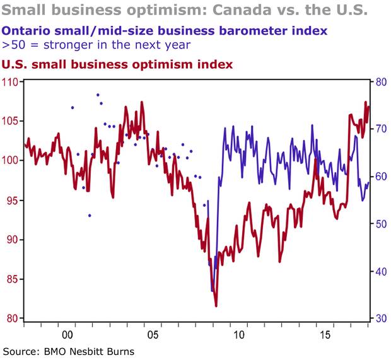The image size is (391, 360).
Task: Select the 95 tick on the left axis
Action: (13, 200)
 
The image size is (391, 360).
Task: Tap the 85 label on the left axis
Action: (13, 279)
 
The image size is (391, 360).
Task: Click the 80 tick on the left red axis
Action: (13, 318)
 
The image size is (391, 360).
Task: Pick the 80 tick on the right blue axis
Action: (380, 81)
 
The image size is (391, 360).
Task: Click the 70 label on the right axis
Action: (380, 129)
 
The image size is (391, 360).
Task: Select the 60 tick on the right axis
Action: (380, 177)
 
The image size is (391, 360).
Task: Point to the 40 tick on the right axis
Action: (380, 272)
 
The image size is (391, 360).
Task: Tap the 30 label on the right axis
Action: (380, 319)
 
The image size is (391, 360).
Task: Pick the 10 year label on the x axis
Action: (238, 334)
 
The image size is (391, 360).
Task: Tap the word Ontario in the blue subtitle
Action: (25, 30)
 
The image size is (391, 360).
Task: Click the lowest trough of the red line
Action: (216, 306)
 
